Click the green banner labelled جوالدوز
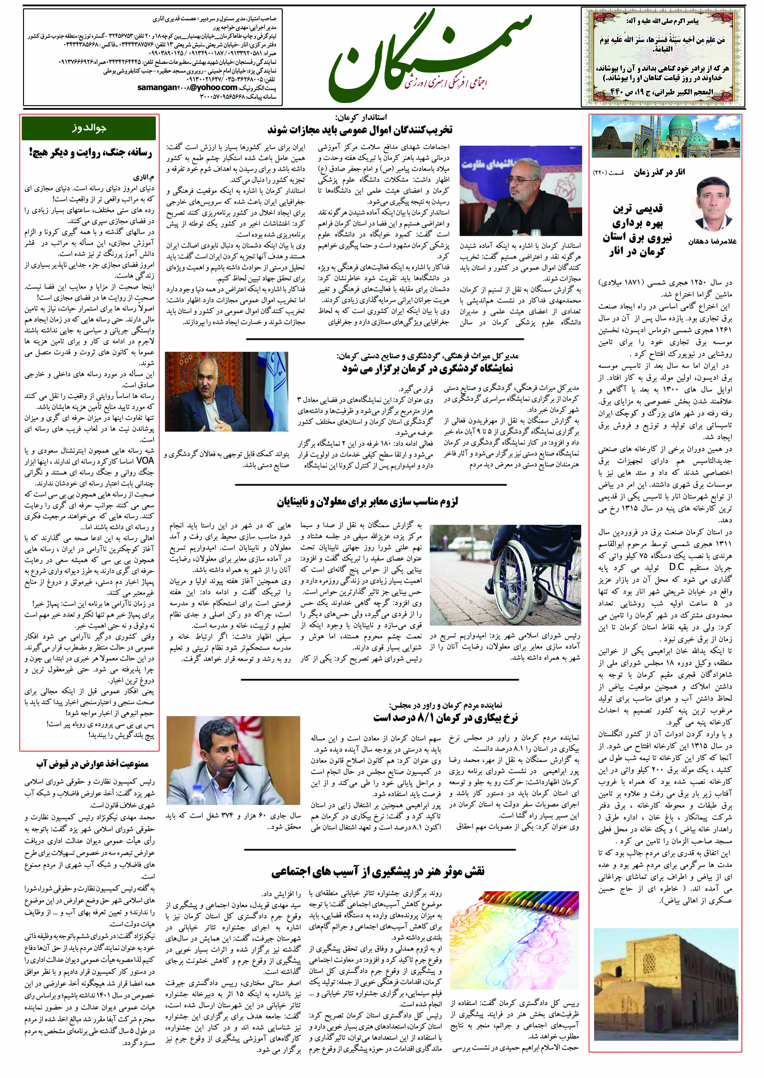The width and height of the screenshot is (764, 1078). click(88, 128)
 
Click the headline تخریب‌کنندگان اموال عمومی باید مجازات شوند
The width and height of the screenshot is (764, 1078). click(360, 129)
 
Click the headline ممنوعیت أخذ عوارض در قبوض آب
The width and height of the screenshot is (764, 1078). click(93, 763)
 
